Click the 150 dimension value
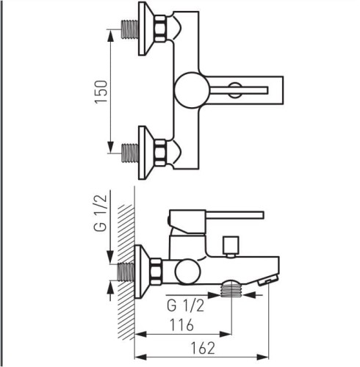pyautogui.click(x=101, y=92)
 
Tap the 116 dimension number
pyautogui.click(x=181, y=325)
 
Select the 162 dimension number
pyautogui.click(x=203, y=348)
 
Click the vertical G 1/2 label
pyautogui.click(x=101, y=213)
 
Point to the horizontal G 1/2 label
pyautogui.click(x=185, y=306)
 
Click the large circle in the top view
pyautogui.click(x=192, y=90)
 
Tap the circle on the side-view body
pyautogui.click(x=188, y=272)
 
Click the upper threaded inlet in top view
pyautogui.click(x=130, y=29)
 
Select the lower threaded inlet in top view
pyautogui.click(x=130, y=153)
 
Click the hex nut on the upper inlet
pyautogui.click(x=160, y=29)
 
